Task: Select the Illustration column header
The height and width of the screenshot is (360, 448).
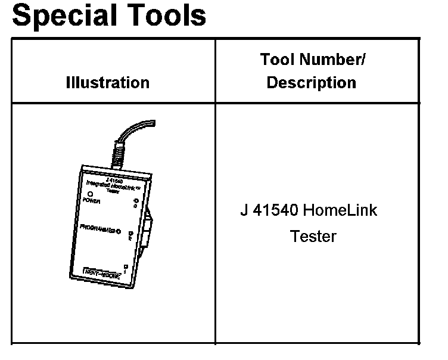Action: pyautogui.click(x=107, y=82)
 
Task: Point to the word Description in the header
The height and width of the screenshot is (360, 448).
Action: pyautogui.click(x=311, y=82)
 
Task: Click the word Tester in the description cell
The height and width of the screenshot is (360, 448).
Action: pyautogui.click(x=313, y=237)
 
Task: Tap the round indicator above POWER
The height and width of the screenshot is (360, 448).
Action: pyautogui.click(x=91, y=194)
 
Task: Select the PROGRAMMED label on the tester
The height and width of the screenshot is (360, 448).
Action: pyautogui.click(x=98, y=229)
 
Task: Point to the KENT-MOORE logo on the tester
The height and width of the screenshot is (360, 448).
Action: pyautogui.click(x=100, y=275)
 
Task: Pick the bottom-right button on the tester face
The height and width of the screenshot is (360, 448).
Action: pyautogui.click(x=125, y=266)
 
